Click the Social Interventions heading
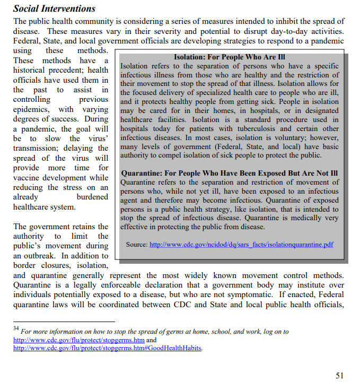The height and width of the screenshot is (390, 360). (54, 8)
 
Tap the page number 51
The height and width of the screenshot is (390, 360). (340, 375)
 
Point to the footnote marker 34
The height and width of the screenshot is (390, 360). (16, 329)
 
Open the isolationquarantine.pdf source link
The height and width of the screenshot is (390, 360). (242, 245)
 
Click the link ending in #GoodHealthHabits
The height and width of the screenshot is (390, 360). (108, 348)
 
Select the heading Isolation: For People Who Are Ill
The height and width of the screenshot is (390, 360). (230, 57)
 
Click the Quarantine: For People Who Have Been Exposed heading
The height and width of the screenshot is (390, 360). (230, 173)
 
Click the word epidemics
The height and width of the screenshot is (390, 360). (30, 109)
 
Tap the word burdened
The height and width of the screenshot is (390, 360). (92, 197)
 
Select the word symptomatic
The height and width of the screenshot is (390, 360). (244, 294)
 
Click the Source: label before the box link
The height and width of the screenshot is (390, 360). (137, 245)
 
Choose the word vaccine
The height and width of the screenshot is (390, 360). (28, 178)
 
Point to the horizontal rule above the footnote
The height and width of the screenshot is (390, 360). (64, 321)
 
